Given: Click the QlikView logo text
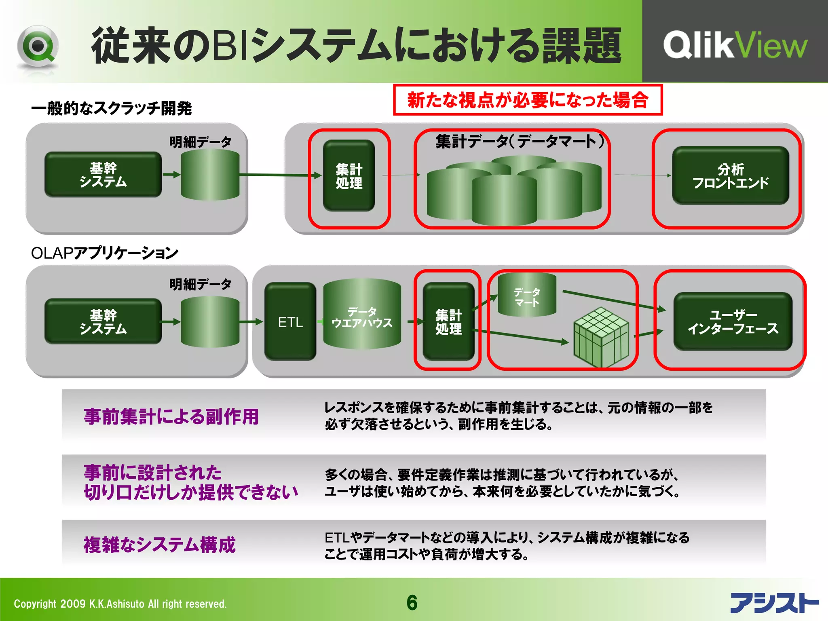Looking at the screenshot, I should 735,45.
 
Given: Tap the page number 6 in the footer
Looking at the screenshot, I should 412,603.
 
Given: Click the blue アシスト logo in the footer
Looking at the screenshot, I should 774,603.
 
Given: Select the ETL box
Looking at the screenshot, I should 290,322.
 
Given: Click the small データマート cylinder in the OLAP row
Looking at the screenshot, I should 527,295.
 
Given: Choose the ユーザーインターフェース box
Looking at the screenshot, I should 732,322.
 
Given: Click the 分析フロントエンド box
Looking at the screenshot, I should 730,175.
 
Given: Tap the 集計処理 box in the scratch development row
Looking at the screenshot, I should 349,175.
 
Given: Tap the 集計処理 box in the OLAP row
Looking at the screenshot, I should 448,322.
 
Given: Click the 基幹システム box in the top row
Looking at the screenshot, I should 103,175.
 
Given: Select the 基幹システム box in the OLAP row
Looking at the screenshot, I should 103,322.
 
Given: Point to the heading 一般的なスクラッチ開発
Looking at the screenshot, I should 111,108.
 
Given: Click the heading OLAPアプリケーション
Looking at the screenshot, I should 104,253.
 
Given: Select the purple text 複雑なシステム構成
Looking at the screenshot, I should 159,545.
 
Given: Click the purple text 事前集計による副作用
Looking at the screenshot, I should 171,416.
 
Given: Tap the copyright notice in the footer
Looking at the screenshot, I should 120,604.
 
